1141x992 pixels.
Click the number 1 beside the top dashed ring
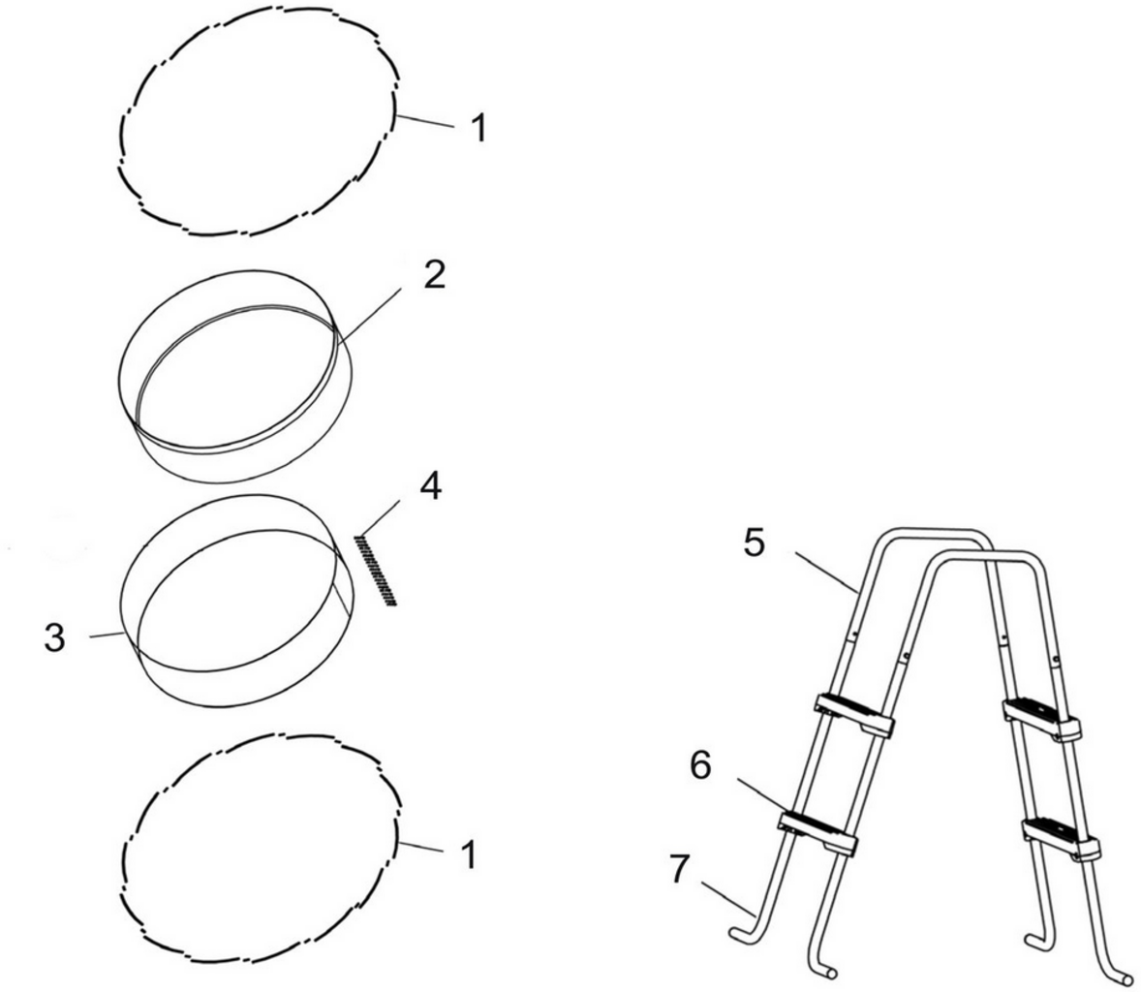click(478, 128)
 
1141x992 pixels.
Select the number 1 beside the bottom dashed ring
click(468, 855)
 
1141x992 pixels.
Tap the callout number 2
click(435, 275)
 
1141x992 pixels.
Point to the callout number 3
click(56, 638)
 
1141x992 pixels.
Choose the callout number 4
click(430, 487)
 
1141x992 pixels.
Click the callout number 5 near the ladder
click(755, 543)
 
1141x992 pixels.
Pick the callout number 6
click(700, 765)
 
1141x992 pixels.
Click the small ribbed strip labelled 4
click(377, 570)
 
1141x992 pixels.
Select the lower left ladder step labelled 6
click(817, 831)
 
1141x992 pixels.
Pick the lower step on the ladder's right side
click(1061, 837)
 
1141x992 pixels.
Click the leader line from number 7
click(726, 896)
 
